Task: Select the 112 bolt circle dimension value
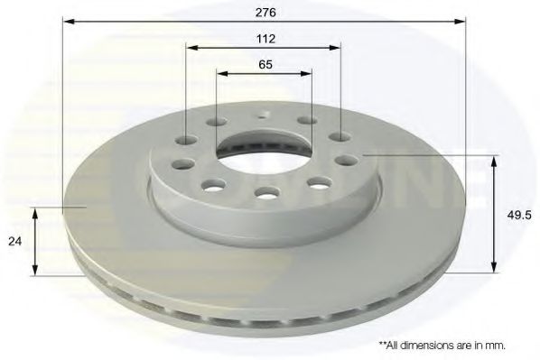[x=265, y=38]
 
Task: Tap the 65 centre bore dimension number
[x=265, y=66]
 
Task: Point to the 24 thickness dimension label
[x=14, y=241]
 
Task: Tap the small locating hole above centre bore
[x=264, y=115]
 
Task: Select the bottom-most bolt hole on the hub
[x=265, y=191]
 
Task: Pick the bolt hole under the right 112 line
[x=340, y=137]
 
